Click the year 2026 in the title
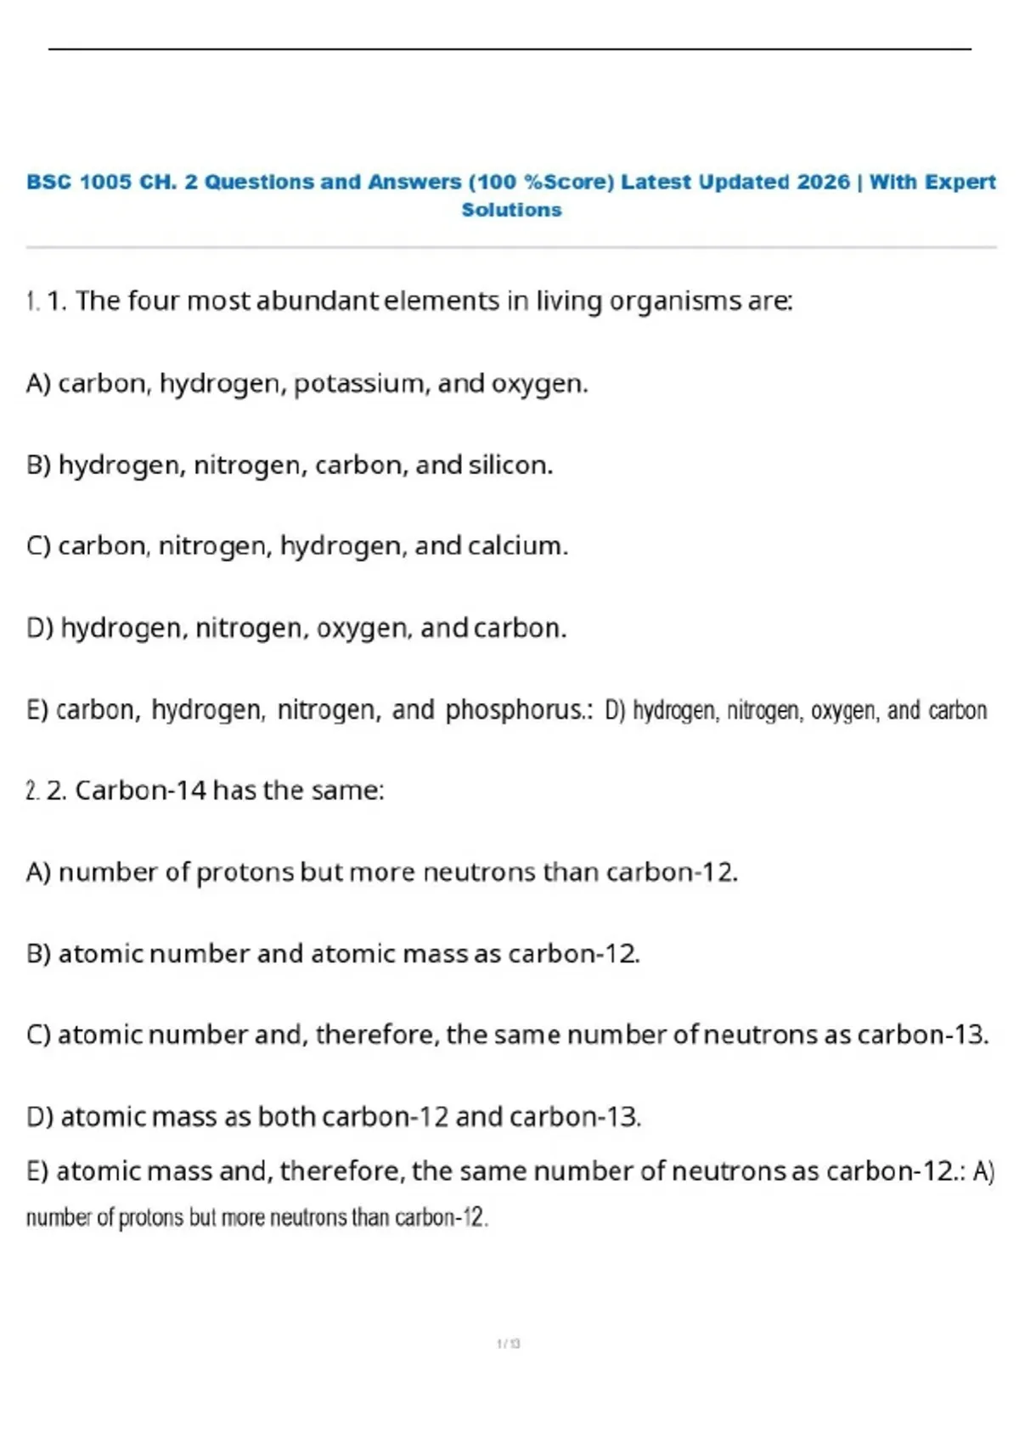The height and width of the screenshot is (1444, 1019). tap(823, 182)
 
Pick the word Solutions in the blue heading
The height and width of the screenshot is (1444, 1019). tap(511, 210)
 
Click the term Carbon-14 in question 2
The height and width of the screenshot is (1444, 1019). tap(141, 790)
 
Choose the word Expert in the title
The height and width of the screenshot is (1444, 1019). tap(960, 182)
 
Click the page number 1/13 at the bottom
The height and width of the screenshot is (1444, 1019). tap(509, 1343)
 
